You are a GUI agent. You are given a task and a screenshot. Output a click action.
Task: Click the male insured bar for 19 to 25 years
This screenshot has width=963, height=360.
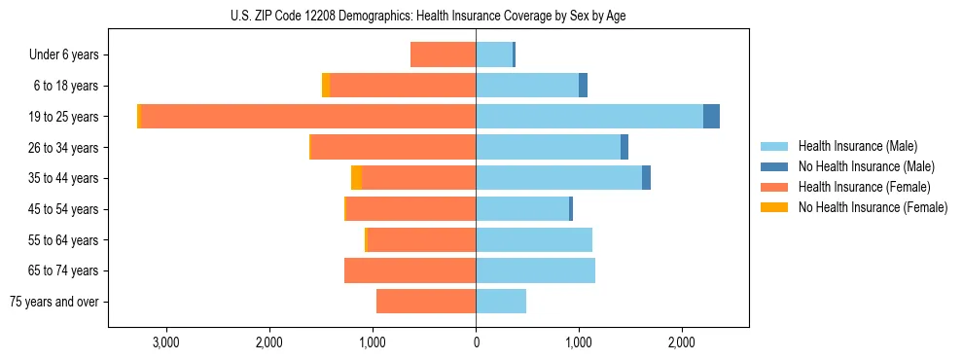point(588,117)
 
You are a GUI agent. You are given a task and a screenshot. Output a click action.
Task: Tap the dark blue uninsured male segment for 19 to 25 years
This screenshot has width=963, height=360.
point(711,117)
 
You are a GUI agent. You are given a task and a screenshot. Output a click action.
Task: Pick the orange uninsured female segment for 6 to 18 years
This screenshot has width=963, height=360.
point(326,86)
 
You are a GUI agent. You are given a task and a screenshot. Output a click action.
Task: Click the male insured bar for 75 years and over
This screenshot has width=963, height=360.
point(501,302)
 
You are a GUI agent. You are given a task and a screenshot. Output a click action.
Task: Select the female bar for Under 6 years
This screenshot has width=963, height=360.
point(443,54)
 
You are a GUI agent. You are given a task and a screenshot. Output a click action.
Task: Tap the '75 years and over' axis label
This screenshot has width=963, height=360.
point(54,302)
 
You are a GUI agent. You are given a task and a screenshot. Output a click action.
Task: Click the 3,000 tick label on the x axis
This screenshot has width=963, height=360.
point(166,342)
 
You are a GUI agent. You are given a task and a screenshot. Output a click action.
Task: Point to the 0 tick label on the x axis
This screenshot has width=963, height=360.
point(476,342)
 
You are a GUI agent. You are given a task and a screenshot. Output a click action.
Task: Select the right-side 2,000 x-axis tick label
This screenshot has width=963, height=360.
point(682,342)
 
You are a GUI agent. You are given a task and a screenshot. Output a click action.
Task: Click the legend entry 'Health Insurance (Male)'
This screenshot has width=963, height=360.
point(857,146)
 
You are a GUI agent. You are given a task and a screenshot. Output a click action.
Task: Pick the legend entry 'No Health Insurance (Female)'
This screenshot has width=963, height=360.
point(873,207)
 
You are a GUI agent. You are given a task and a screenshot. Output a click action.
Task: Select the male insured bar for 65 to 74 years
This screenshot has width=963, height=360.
point(535,270)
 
